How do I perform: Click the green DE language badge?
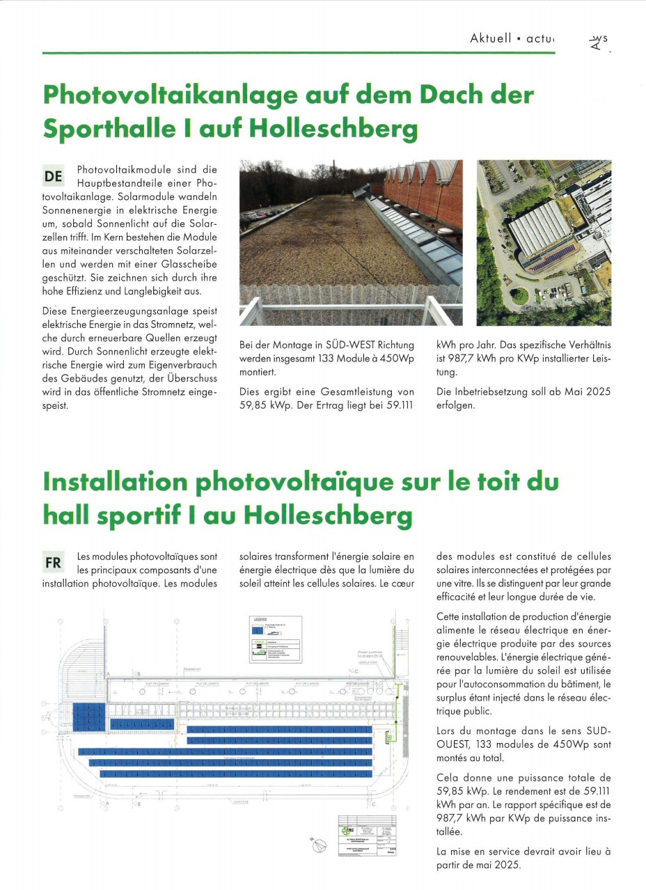pyautogui.click(x=54, y=176)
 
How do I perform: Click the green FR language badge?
pyautogui.click(x=54, y=562)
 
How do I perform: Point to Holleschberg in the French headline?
pyautogui.click(x=327, y=515)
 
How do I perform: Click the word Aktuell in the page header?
pyautogui.click(x=491, y=38)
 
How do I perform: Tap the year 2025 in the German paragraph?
pyautogui.click(x=598, y=391)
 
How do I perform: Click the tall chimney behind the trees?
pyautogui.click(x=334, y=173)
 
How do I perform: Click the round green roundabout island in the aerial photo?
pyautogui.click(x=519, y=296)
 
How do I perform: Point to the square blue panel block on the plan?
pyautogui.click(x=88, y=717)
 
